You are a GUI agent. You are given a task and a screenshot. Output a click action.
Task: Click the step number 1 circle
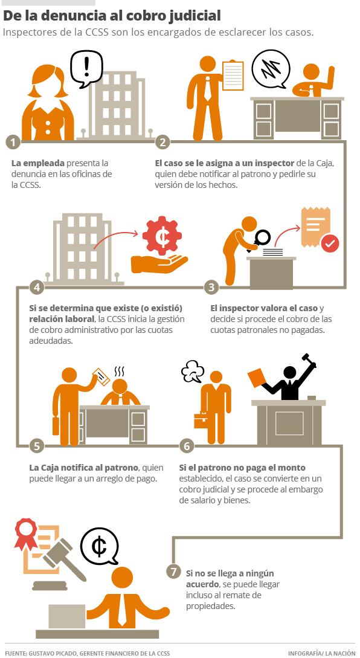click(x=13, y=142)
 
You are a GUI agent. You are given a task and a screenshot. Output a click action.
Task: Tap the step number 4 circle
click(x=37, y=288)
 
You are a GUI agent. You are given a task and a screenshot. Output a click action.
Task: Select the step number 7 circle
click(x=173, y=572)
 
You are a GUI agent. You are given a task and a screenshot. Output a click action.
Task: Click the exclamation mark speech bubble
click(x=86, y=68)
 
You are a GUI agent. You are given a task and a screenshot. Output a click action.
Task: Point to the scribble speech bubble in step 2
click(x=271, y=69)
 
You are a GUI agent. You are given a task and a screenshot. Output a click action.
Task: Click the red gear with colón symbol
click(x=161, y=236)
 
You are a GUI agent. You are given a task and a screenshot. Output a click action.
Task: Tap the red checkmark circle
click(x=330, y=243)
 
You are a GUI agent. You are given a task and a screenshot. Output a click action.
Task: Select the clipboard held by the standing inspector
click(x=233, y=76)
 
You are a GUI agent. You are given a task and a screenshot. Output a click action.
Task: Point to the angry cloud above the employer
click(x=193, y=372)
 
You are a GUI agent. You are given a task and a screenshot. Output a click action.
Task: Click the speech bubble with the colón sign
click(x=100, y=547)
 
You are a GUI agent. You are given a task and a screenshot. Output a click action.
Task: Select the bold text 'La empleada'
click(x=38, y=163)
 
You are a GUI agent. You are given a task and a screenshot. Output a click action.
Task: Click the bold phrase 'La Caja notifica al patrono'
click(x=83, y=468)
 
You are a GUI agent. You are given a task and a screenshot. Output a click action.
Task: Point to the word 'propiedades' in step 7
click(x=211, y=606)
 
